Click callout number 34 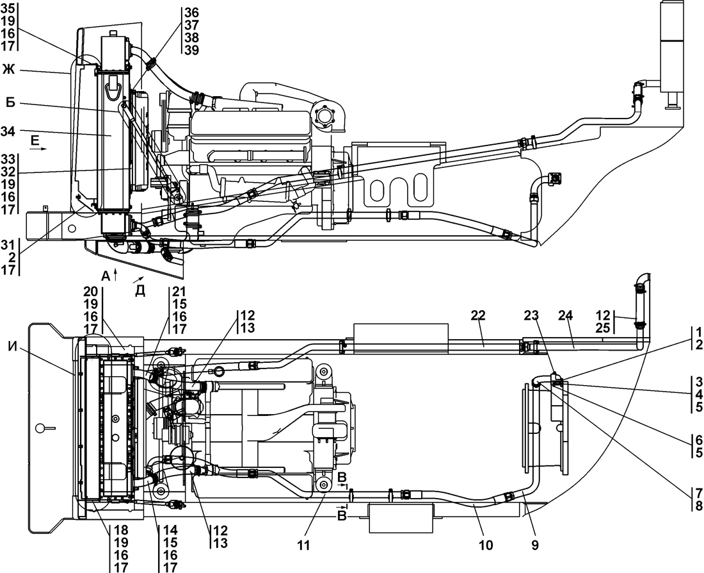8,131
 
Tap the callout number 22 478,315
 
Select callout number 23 531,315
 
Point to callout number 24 566,315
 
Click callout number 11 303,545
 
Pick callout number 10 486,545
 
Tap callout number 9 535,545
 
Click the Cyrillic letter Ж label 8,70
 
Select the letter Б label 10,103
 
